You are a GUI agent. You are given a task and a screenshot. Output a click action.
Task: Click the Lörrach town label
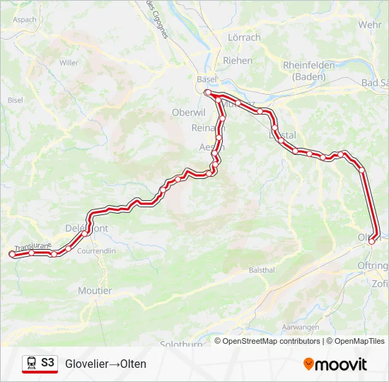(244, 37)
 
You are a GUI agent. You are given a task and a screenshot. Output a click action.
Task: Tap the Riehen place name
(238, 61)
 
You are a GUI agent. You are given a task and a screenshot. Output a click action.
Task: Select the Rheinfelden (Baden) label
(308, 70)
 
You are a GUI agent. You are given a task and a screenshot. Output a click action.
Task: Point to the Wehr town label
(370, 24)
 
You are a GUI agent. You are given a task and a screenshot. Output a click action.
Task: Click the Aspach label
(24, 20)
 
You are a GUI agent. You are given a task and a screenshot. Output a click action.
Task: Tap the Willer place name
(69, 63)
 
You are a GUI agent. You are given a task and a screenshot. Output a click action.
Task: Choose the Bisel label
(16, 100)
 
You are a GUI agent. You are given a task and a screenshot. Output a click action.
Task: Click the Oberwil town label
(188, 112)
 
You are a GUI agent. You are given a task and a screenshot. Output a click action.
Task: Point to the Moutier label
(95, 291)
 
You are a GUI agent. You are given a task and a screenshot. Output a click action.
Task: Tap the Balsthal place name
(261, 270)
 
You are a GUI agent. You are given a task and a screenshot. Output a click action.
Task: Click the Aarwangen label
(296, 328)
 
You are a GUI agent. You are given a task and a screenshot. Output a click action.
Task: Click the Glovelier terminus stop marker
(11, 254)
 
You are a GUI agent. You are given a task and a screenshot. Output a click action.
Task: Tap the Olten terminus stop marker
(372, 241)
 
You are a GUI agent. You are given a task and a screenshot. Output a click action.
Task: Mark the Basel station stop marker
(207, 93)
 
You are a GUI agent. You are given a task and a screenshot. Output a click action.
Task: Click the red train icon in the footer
(31, 364)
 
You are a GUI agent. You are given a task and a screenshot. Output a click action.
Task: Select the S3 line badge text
(47, 363)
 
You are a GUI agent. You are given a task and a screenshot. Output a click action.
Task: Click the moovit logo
(335, 364)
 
